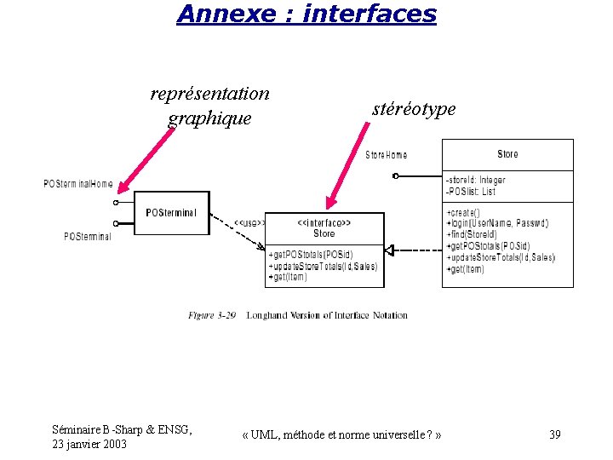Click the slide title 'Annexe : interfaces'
(306, 14)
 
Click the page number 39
(555, 435)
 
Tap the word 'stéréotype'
(414, 109)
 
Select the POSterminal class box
(172, 213)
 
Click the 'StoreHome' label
(386, 155)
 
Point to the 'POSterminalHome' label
(78, 184)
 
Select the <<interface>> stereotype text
(324, 222)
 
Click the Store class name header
(507, 154)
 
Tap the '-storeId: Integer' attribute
(475, 180)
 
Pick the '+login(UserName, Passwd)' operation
(497, 223)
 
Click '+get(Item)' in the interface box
(288, 277)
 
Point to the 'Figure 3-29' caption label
(212, 315)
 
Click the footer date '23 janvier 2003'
(91, 444)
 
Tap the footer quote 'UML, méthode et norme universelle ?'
(341, 435)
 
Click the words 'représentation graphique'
(209, 106)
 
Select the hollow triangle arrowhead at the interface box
(388, 250)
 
